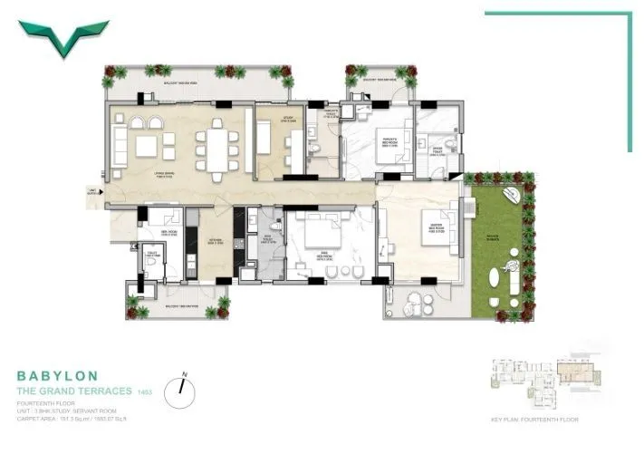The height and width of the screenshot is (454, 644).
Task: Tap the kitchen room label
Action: pos(216,241)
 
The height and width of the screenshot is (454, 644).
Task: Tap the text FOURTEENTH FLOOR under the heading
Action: pos(45,404)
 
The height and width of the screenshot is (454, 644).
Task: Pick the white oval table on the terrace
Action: pos(495,279)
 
